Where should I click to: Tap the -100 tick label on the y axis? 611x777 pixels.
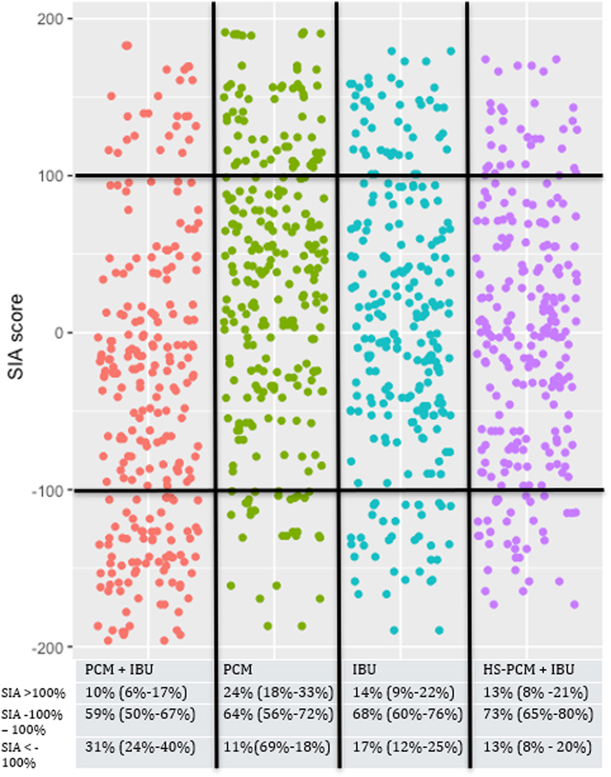(x=41, y=490)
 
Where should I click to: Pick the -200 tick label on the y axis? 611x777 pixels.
(x=41, y=647)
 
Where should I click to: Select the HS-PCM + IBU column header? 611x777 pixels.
(x=529, y=668)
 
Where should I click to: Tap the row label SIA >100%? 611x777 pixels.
(x=33, y=694)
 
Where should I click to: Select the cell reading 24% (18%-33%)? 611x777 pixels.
(x=277, y=693)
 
